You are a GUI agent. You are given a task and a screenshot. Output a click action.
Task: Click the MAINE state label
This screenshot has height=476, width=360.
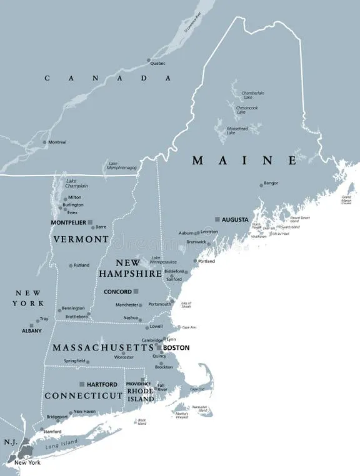tap(244, 161)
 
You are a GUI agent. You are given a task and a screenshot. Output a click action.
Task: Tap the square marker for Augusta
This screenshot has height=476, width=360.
tap(217, 219)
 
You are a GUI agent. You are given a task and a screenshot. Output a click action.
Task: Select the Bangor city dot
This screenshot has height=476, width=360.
tap(261, 185)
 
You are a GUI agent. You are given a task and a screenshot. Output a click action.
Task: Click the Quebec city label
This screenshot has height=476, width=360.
tap(158, 62)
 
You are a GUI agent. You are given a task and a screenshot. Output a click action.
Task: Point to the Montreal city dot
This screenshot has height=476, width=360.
tap(44, 142)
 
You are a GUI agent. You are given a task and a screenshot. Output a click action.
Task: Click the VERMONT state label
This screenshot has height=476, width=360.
tap(81, 239)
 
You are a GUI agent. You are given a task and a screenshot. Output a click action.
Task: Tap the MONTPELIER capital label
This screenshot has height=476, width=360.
tap(68, 222)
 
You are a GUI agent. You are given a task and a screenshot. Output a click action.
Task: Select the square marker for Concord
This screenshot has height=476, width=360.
tap(136, 291)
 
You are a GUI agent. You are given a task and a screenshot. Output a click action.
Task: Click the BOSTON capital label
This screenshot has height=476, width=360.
tap(176, 348)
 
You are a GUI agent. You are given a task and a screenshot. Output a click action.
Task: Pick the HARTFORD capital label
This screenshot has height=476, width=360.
tap(102, 384)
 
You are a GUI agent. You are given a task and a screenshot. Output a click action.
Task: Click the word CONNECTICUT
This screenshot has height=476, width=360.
tap(83, 396)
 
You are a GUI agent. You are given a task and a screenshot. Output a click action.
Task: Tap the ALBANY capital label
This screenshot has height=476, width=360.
tap(31, 330)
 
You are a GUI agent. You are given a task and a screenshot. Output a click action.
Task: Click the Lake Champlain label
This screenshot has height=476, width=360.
tap(77, 184)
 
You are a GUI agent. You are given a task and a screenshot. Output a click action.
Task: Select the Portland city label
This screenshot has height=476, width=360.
tap(206, 261)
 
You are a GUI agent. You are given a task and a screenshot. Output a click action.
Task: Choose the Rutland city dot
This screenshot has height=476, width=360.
tap(71, 265)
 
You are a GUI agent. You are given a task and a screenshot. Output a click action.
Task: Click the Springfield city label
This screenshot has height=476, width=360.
tap(74, 360)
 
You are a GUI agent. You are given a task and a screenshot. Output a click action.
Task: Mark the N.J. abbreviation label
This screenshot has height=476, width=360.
tap(11, 442)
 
